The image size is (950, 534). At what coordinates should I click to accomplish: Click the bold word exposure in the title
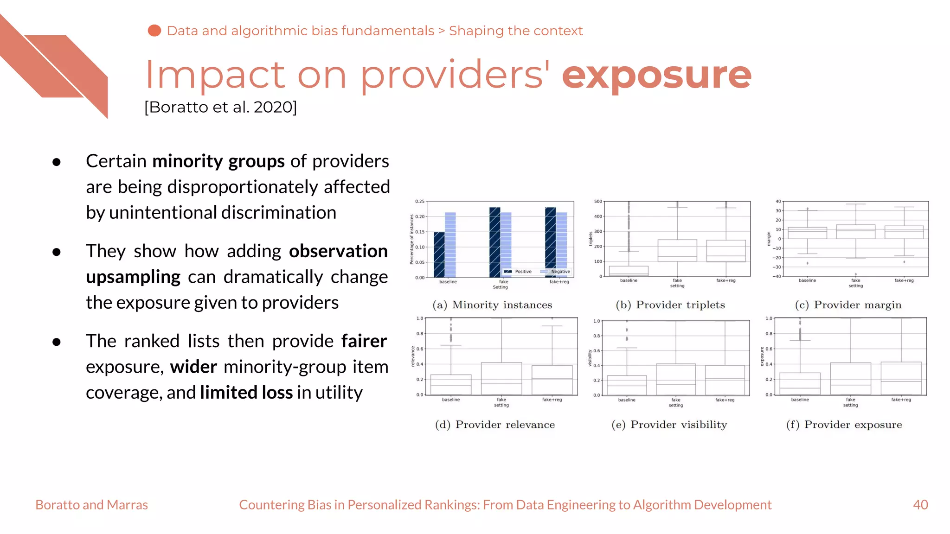[656, 76]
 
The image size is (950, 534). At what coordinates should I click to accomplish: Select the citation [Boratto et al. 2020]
[220, 107]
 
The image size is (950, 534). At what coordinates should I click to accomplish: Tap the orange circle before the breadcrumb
[154, 31]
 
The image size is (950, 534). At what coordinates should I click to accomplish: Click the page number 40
[920, 505]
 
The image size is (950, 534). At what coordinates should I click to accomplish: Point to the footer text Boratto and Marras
[91, 505]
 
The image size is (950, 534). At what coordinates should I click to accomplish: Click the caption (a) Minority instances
[492, 305]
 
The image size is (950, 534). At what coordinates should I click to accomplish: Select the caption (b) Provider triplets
[670, 305]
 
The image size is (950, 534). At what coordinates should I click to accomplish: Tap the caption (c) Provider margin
[848, 305]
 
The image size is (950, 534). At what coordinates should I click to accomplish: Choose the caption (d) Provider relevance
[494, 425]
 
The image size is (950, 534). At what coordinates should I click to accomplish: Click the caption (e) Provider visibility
[669, 425]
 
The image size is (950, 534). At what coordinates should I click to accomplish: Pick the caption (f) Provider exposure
[844, 425]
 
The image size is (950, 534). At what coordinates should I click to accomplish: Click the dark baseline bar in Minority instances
[439, 254]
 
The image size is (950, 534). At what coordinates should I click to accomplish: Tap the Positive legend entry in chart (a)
[518, 272]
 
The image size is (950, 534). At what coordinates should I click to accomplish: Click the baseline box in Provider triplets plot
[629, 271]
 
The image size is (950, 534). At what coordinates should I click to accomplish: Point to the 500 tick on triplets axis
[598, 202]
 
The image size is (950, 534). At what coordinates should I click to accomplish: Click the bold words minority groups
[218, 161]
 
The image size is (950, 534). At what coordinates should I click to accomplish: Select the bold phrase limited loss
[246, 393]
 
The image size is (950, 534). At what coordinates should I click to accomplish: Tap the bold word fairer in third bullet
[364, 341]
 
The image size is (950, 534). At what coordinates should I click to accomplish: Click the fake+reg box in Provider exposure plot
[901, 378]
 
